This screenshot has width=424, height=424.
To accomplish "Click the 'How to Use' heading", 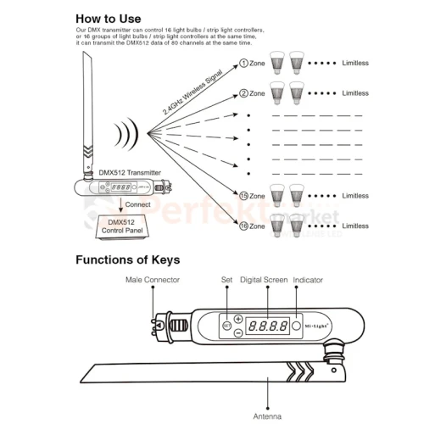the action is [x=109, y=19].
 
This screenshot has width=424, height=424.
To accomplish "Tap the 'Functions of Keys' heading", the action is [x=128, y=259].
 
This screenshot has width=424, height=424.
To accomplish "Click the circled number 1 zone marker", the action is [x=243, y=63].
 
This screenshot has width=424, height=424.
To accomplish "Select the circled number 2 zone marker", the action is [x=243, y=93].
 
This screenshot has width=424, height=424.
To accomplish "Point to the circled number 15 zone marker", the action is [x=243, y=196].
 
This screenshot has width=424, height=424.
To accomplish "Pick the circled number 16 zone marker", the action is [x=243, y=226].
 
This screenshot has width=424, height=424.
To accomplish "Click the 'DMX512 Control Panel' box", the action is [x=122, y=227].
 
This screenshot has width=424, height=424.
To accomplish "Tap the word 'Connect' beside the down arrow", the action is [x=137, y=204].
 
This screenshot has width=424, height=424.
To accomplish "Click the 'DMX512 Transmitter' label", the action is [x=130, y=172].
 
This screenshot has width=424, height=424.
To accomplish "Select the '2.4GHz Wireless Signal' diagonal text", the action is [x=192, y=92].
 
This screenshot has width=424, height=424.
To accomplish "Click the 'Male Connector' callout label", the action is [x=153, y=280].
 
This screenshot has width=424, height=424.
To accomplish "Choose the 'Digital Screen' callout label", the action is [x=264, y=280].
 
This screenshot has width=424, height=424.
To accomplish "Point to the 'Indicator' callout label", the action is [x=308, y=280].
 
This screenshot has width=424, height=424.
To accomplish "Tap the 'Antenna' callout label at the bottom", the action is [x=267, y=416].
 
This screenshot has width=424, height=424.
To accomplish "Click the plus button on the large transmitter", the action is [x=238, y=319].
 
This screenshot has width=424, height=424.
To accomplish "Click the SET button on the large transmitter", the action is [x=226, y=326].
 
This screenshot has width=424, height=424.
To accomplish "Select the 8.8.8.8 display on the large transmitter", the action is [x=267, y=326].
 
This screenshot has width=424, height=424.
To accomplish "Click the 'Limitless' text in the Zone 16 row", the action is [x=355, y=226].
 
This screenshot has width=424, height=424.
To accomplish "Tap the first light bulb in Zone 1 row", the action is [x=277, y=63].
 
